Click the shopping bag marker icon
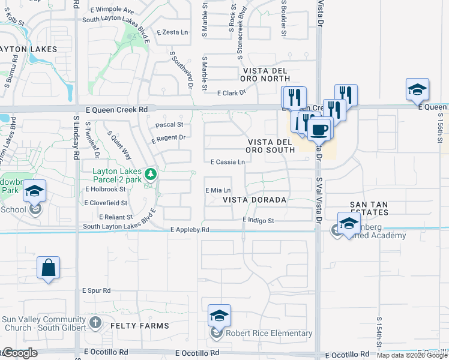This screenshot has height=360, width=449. tap(48, 268)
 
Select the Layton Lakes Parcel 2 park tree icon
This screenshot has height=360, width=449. tap(151, 175)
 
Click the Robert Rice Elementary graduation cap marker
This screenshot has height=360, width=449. tap(219, 315)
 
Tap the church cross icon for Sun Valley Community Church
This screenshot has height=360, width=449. tap(95, 323)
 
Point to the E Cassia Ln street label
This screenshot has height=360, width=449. tap(228, 162)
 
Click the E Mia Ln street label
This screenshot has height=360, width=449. tap(218, 190)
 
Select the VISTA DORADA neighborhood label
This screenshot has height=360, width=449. tap(255, 199)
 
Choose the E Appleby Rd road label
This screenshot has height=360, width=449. tap(190, 230)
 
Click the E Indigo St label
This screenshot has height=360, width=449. tap(258, 221)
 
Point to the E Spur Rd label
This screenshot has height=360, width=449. tap(97, 290)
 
